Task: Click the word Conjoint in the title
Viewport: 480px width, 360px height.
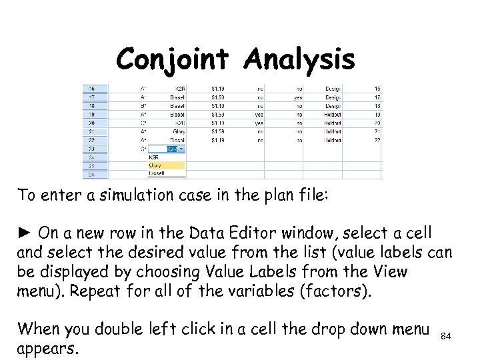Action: point(175,61)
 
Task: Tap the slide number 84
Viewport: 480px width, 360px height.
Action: point(447,337)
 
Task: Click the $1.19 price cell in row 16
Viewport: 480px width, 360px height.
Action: point(217,88)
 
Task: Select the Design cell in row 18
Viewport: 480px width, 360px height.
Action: point(333,105)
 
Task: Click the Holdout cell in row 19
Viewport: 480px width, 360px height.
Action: point(333,114)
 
